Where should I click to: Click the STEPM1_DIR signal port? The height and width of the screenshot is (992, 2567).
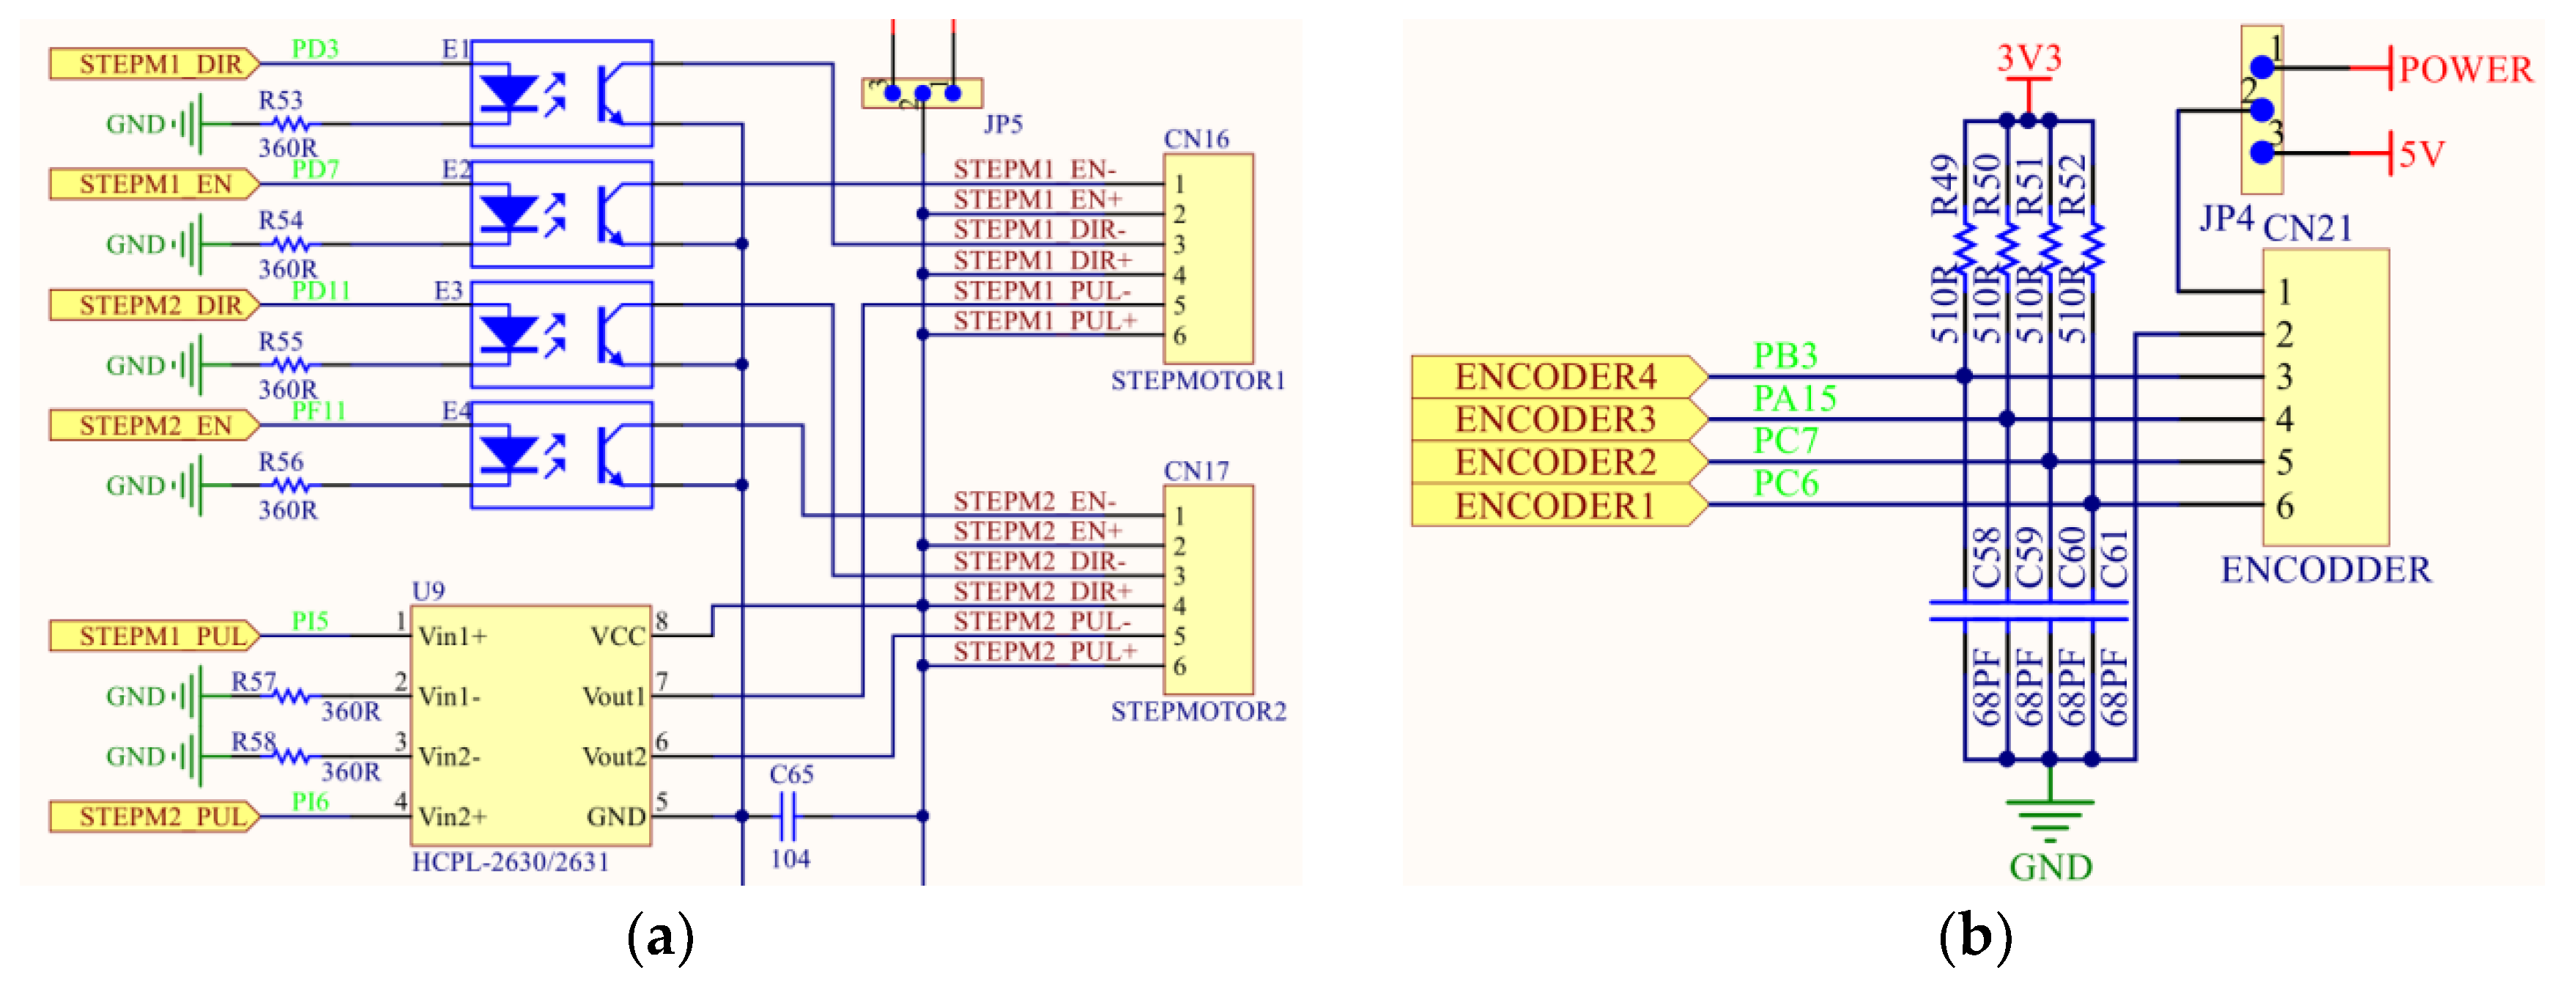click(155, 65)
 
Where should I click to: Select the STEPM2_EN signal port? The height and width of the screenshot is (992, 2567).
click(155, 427)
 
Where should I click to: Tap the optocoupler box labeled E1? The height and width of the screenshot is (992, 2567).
click(561, 94)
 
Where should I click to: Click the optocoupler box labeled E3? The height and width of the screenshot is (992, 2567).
click(561, 335)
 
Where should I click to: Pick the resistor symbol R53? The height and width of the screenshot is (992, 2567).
click(291, 125)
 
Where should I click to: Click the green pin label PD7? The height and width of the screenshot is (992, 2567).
click(315, 169)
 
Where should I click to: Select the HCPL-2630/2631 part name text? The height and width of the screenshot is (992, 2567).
click(510, 862)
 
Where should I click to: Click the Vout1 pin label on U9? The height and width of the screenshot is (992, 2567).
click(614, 697)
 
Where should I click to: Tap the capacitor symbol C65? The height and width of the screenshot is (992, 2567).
click(788, 817)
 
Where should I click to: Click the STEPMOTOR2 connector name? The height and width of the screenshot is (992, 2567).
click(1198, 712)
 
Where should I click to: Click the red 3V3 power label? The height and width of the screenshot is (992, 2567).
click(2029, 59)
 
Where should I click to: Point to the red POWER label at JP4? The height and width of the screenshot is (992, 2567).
click(2465, 70)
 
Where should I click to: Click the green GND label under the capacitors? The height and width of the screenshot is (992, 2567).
click(2050, 867)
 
